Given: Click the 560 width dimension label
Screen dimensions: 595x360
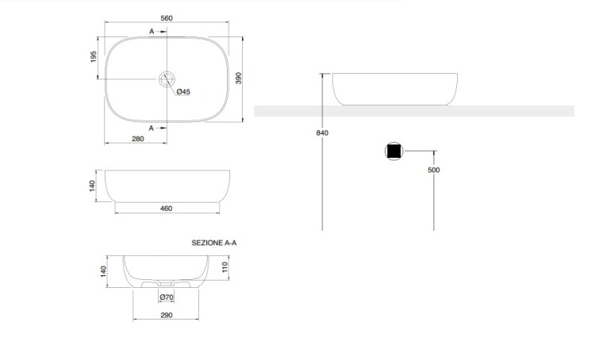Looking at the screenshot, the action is (167, 18).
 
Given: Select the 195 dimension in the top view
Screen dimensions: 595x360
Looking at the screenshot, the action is (94, 56).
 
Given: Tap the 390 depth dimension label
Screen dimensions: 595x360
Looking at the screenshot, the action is (238, 79).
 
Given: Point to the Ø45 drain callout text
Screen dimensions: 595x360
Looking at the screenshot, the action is (183, 92).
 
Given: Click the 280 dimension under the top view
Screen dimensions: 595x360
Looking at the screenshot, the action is (138, 139).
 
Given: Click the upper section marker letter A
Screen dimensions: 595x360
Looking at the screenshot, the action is (152, 32).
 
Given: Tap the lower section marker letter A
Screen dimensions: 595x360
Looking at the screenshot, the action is (151, 128).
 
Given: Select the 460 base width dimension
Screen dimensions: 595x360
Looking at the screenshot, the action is (167, 209).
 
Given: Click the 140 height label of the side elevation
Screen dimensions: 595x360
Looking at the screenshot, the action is (93, 186).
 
